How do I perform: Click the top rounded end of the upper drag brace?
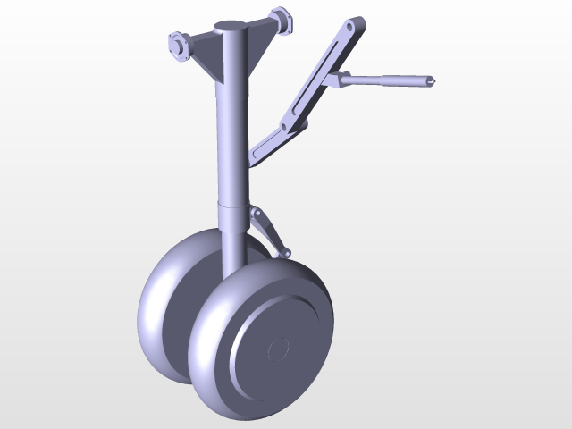tap(356, 24)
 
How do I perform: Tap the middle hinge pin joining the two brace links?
tap(287, 127)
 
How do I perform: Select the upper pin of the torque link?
tap(257, 218)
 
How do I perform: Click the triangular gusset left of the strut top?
tap(205, 58)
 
